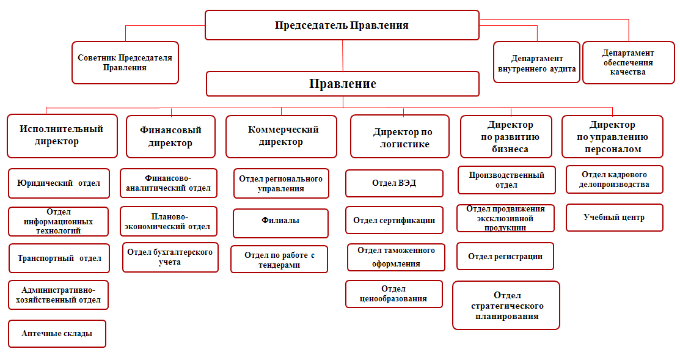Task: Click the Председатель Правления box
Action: coord(342,25)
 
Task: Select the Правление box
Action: coord(343,84)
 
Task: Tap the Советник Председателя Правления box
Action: coord(125,62)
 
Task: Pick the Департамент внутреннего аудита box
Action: coord(536,62)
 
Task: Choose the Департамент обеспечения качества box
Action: coord(629,62)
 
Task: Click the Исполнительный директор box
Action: coord(62,136)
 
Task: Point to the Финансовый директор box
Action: coord(170,137)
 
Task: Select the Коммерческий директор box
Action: coord(281,136)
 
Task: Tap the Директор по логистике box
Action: coord(400,136)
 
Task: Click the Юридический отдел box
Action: coord(59,183)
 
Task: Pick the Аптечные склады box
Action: coord(57,334)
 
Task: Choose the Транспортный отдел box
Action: coord(59,258)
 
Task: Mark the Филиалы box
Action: coord(280,223)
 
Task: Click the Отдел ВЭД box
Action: coord(394,183)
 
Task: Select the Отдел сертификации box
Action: coord(394,220)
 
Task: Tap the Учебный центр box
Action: coord(614,218)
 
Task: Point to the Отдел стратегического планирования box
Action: coord(506,306)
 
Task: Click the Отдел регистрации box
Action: coord(505,256)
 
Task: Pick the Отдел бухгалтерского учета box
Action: coord(170,257)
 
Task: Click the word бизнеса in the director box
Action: coord(510,149)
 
